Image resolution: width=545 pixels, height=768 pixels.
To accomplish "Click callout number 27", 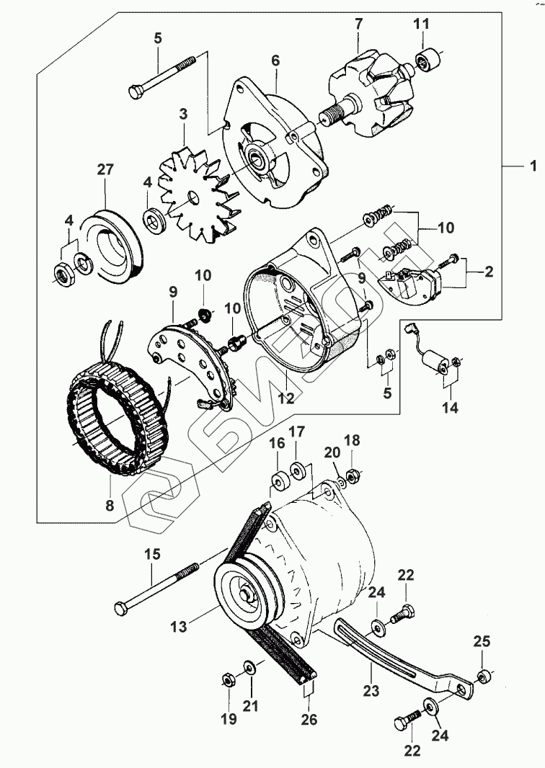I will click(105, 170).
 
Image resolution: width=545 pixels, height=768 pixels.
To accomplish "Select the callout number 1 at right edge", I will click(533, 166).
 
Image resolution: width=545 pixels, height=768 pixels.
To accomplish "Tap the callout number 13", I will click(180, 627).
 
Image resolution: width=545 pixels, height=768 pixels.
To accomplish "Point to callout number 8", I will click(110, 506).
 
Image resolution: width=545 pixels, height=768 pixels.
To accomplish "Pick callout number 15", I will click(151, 555).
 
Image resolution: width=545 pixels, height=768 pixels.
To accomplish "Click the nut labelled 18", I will click(353, 475).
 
